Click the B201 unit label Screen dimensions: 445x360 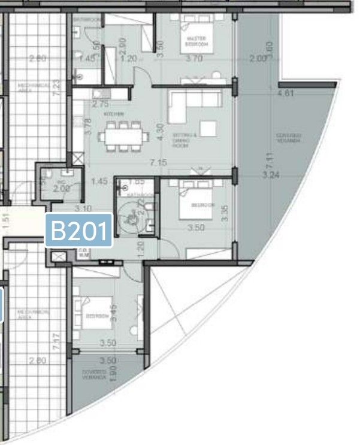coord(79,230)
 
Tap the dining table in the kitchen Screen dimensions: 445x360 coord(123,136)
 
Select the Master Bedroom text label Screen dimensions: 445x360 coord(197,41)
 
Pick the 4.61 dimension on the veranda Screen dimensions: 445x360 coord(286,93)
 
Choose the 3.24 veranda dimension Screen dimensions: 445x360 coord(272,175)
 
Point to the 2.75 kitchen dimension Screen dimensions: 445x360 coord(100,103)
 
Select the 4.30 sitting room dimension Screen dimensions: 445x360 coord(160,132)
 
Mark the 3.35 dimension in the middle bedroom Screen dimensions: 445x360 coord(225,213)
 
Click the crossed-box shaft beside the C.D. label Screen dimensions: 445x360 coord(58,257)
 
